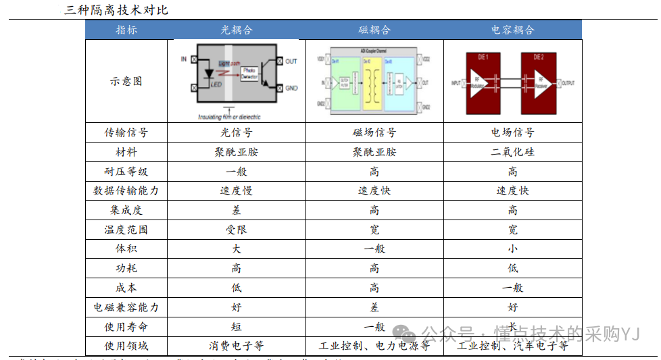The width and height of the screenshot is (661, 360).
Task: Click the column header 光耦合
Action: pyautogui.click(x=237, y=30)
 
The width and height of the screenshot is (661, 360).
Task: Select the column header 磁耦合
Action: pyautogui.click(x=374, y=30)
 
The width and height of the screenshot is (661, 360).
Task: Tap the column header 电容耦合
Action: pyautogui.click(x=512, y=30)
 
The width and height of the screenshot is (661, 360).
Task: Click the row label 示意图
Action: pyautogui.click(x=126, y=81)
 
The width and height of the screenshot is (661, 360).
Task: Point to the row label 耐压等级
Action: pyautogui.click(x=126, y=172)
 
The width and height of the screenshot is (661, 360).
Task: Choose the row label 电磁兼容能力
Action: pyautogui.click(x=126, y=307)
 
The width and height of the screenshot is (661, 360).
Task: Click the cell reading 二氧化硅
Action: pyautogui.click(x=512, y=152)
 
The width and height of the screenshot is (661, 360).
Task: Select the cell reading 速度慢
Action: pyautogui.click(x=237, y=190)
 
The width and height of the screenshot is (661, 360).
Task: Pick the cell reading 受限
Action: pyautogui.click(x=237, y=230)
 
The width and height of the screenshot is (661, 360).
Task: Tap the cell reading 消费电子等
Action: pyautogui.click(x=237, y=346)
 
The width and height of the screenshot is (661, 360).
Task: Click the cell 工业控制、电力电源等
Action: pyautogui.click(x=374, y=346)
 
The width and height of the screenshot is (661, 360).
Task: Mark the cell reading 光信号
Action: pyautogui.click(x=237, y=133)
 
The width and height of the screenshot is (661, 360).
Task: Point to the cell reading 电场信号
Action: pyautogui.click(x=512, y=133)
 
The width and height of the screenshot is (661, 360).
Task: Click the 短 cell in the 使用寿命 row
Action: pyautogui.click(x=237, y=327)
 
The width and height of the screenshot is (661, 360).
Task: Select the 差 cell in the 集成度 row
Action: pyautogui.click(x=237, y=210)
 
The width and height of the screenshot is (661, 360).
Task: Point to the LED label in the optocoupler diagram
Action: pyautogui.click(x=216, y=84)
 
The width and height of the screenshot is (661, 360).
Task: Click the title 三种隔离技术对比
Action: pyautogui.click(x=116, y=10)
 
